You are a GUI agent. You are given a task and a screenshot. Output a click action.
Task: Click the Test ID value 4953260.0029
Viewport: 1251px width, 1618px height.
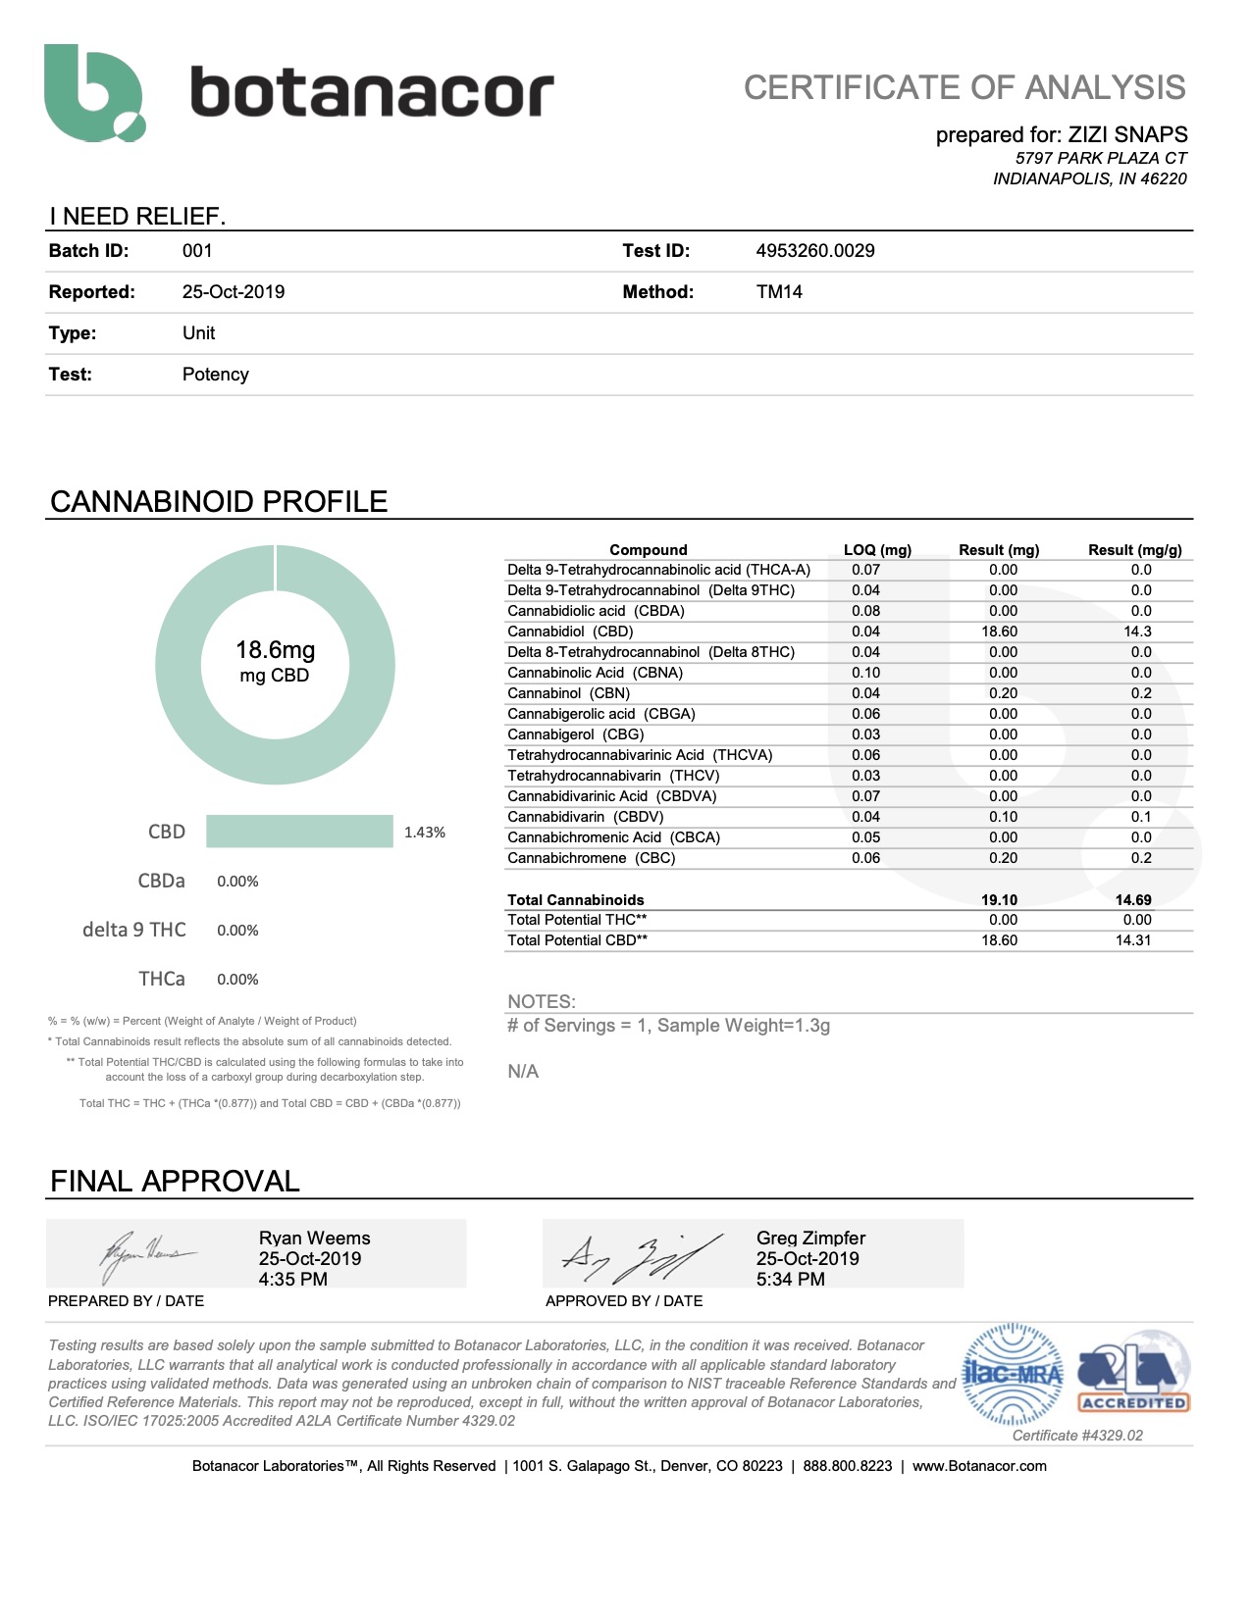tap(814, 251)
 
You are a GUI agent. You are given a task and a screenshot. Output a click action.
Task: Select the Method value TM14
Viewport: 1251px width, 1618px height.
tap(779, 292)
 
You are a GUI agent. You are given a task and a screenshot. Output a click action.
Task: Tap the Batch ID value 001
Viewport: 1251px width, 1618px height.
tap(197, 251)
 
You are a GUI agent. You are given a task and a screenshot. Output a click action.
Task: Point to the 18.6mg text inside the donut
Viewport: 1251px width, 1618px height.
tap(275, 650)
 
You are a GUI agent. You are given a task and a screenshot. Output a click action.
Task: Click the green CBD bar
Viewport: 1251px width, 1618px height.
tap(299, 832)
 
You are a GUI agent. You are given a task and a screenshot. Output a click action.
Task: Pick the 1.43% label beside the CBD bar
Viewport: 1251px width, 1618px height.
tap(425, 833)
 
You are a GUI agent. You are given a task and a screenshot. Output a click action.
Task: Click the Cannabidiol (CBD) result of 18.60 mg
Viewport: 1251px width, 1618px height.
tap(999, 632)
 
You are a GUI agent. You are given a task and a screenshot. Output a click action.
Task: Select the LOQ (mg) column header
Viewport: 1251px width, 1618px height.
tap(877, 550)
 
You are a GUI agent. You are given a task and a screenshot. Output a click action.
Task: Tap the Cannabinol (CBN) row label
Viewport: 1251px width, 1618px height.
tap(568, 693)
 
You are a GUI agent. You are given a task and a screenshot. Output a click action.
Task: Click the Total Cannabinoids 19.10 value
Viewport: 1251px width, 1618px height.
tap(999, 900)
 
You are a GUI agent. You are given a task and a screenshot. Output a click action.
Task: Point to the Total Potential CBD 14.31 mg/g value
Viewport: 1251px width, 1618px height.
tap(1132, 940)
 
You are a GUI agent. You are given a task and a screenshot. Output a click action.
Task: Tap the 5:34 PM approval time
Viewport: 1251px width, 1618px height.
tap(790, 1280)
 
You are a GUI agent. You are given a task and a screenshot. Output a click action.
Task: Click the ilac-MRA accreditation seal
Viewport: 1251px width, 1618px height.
tap(1013, 1374)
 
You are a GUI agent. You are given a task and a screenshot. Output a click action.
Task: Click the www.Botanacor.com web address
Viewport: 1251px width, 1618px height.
tap(979, 1466)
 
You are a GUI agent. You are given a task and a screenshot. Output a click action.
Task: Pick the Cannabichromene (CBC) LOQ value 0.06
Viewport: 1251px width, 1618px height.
tap(865, 858)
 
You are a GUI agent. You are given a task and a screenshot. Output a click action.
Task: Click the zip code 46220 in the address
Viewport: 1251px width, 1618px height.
tap(1164, 178)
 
